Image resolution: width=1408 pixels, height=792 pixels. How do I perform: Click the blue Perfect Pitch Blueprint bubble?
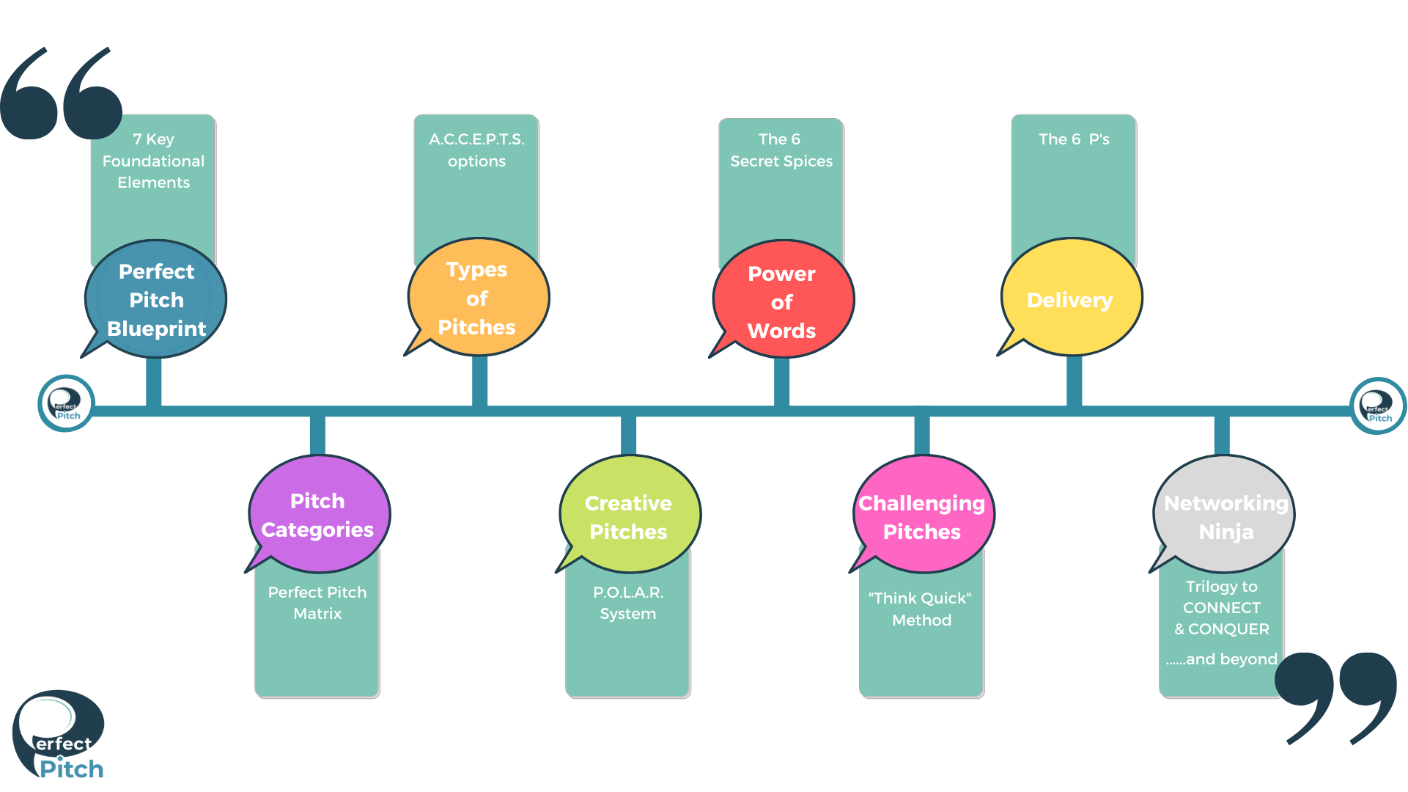156,299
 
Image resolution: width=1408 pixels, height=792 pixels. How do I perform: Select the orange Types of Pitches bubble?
478,298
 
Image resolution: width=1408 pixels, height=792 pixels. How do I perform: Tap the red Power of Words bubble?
783,301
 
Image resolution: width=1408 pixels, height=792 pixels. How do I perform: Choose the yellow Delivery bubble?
1071,298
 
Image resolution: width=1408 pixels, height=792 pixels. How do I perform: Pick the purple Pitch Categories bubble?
318,515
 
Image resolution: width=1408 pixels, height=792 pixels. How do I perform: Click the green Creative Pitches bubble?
629,516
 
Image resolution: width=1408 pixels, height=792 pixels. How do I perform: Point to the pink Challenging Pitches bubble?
922,516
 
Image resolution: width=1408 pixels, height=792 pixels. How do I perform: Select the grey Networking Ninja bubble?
1224,516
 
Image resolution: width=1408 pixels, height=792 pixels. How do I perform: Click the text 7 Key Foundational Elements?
153,161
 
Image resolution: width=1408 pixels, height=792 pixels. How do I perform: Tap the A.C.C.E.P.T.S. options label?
476,150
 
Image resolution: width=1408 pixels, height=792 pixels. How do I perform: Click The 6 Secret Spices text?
781,150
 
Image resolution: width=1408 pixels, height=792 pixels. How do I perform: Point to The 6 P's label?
1074,139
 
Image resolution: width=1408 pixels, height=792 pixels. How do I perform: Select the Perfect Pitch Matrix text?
317,603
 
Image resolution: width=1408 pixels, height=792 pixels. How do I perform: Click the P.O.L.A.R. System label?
628,603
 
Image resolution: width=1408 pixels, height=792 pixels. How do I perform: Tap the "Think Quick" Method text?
921,609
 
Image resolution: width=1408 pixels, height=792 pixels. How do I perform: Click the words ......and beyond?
1221,659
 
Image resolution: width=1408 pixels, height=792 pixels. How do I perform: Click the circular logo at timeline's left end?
66,403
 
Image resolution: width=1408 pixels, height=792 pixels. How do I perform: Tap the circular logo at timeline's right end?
1377,406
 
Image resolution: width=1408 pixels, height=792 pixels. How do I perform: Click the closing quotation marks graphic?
1336,697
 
